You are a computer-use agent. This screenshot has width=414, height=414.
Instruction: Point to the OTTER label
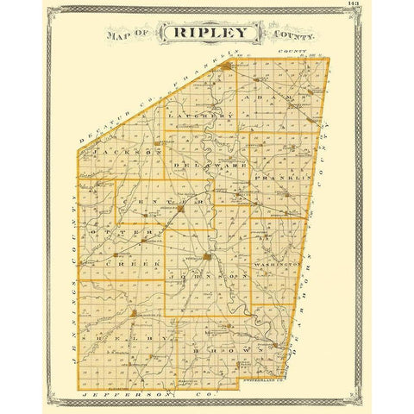(122, 234)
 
